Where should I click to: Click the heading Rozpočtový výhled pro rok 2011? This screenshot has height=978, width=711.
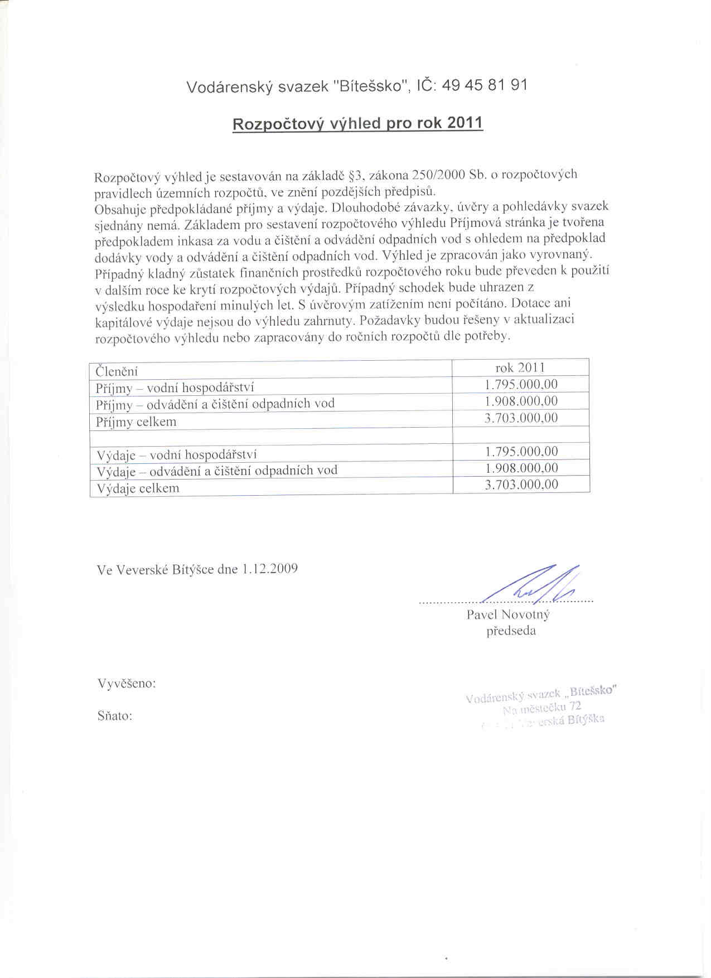pyautogui.click(x=357, y=123)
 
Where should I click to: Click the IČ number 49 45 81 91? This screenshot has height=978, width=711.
pyautogui.click(x=484, y=85)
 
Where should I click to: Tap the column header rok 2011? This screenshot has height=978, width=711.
pyautogui.click(x=520, y=368)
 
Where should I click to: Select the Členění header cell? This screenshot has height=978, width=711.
pyautogui.click(x=117, y=371)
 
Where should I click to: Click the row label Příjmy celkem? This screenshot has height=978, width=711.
pyautogui.click(x=136, y=422)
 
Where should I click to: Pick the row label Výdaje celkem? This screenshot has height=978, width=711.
pyautogui.click(x=138, y=488)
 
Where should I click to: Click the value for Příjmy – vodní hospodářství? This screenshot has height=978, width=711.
pyautogui.click(x=521, y=385)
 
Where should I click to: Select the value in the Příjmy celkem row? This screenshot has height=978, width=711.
pyautogui.click(x=521, y=418)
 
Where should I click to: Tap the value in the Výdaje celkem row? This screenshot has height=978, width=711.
pyautogui.click(x=521, y=485)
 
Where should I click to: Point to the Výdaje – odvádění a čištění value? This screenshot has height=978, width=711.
pyautogui.click(x=521, y=468)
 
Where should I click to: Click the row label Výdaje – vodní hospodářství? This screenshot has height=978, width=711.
pyautogui.click(x=177, y=455)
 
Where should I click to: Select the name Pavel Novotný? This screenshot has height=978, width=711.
pyautogui.click(x=508, y=615)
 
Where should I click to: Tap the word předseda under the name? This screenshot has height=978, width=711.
pyautogui.click(x=511, y=631)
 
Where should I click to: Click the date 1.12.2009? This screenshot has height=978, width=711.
pyautogui.click(x=269, y=569)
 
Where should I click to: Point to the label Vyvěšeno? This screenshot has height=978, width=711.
pyautogui.click(x=127, y=684)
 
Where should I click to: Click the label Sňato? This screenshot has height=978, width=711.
pyautogui.click(x=115, y=716)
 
